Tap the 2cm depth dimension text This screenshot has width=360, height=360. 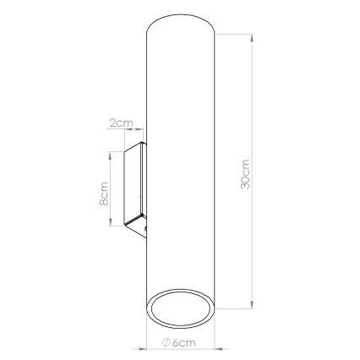click(x=123, y=123)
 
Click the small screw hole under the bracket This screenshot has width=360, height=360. click(x=145, y=228)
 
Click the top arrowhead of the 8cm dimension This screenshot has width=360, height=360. click(x=112, y=155)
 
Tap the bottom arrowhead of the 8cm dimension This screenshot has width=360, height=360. click(x=112, y=225)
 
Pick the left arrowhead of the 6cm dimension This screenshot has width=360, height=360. click(x=150, y=344)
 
